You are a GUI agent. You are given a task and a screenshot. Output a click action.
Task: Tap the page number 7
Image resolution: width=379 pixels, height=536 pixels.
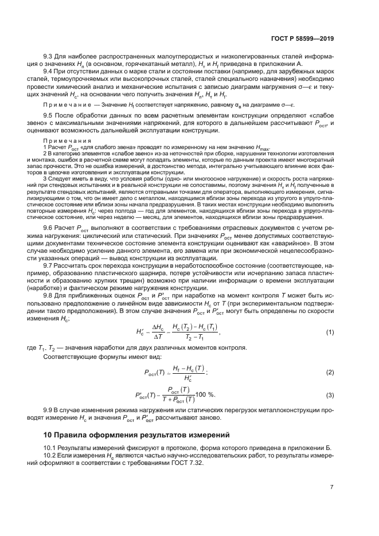(332, 487)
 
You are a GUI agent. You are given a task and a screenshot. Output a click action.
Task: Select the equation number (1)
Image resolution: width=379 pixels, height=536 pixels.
(330, 348)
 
